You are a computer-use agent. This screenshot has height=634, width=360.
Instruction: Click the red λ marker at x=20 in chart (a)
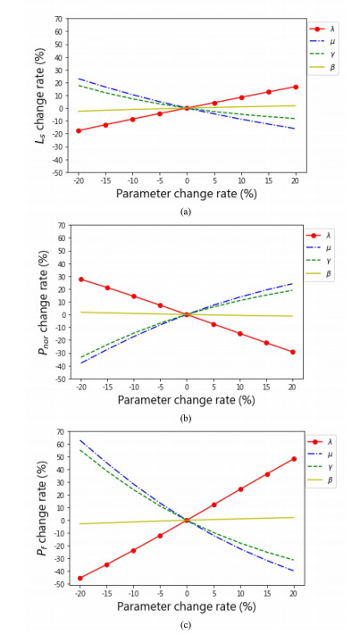coord(294,87)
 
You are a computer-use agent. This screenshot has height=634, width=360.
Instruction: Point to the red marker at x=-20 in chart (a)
coord(79,130)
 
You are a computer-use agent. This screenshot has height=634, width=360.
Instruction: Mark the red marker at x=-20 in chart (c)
coord(79,578)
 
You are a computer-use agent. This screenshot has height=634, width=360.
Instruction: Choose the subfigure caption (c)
coord(186,624)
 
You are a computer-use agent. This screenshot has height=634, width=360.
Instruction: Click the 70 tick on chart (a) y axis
coord(58,19)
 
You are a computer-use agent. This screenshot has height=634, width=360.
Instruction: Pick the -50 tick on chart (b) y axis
coord(56,379)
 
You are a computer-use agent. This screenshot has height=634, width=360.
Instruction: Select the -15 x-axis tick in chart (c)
coord(105,593)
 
